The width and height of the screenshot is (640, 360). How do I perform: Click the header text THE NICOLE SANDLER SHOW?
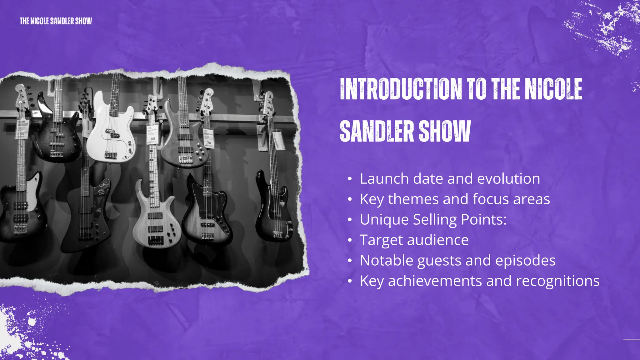coord(56,21)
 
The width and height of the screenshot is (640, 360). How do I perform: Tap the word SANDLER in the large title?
coord(376,131)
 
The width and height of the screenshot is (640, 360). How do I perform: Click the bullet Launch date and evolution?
coord(450,179)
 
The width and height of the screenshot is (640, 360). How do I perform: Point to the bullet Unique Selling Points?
coord(433,220)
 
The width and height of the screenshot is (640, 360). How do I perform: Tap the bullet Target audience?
coord(414,240)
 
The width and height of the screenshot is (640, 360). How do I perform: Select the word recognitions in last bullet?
coord(557,281)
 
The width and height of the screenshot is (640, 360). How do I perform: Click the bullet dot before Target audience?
coord(350,240)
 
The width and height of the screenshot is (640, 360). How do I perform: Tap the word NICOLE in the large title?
coord(553,89)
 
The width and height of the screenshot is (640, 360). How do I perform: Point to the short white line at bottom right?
coord(631,339)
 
